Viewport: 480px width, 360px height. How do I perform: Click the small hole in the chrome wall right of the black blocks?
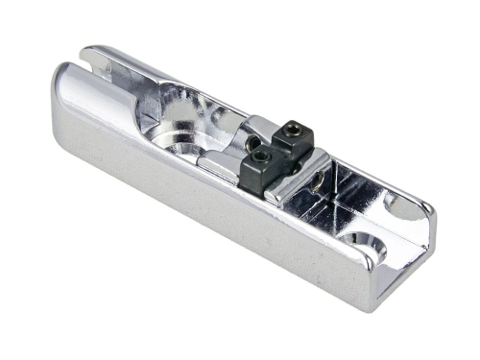(x=315, y=179)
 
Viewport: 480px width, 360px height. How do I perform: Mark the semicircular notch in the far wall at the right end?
(x=389, y=204)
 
